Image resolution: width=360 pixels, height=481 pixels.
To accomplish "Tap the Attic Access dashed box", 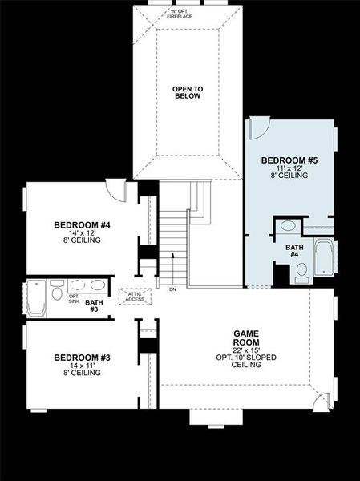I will click(135, 296).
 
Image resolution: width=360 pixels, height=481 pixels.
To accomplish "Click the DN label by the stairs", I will click(172, 289).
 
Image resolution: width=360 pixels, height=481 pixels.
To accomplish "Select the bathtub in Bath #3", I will click(37, 298).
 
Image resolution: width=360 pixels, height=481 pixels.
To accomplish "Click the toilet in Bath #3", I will click(57, 293).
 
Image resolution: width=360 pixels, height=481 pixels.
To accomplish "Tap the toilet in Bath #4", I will click(301, 275).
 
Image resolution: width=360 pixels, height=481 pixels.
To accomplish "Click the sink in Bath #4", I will click(287, 226).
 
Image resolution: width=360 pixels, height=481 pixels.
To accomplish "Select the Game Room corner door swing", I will click(320, 402).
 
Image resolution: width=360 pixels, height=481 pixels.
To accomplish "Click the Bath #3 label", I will click(94, 305).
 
